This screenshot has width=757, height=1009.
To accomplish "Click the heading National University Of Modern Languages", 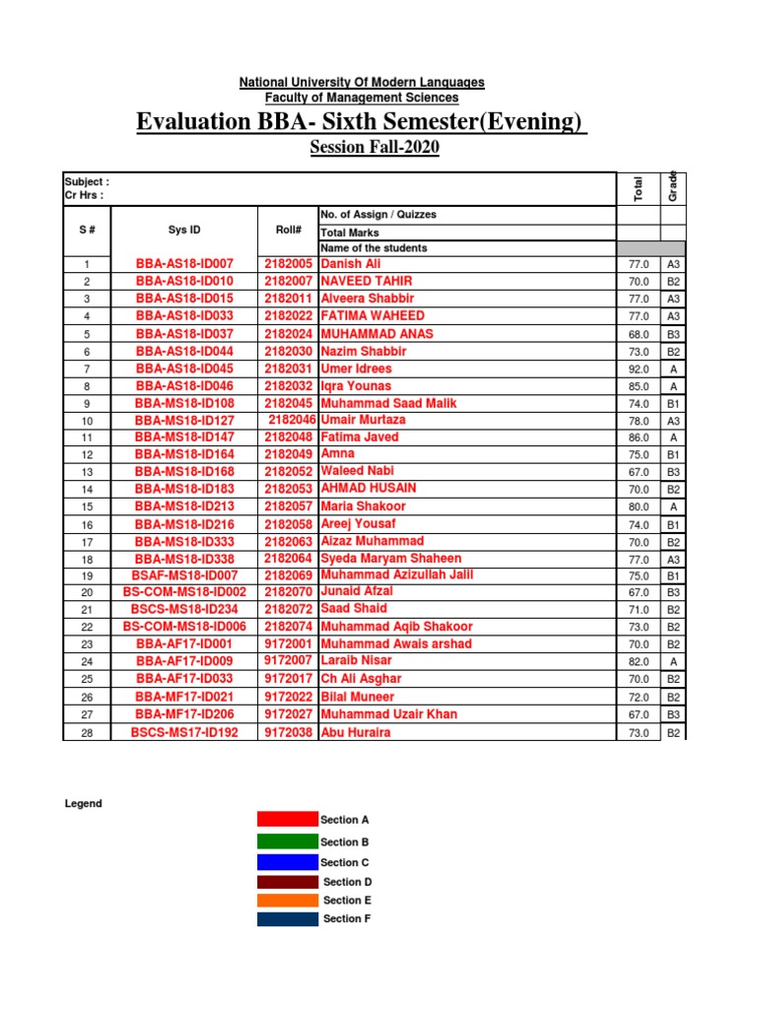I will coord(362,83).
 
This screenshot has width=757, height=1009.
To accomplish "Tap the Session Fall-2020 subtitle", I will coord(375,148).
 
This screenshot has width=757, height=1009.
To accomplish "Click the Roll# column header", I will coord(288,230).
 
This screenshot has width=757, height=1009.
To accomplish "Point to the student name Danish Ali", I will coord(350,264).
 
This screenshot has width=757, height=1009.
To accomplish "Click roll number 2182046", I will coord(292,420).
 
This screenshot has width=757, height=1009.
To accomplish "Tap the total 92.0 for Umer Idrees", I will coord(638,369).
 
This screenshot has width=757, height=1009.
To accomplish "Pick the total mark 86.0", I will coord(638,437).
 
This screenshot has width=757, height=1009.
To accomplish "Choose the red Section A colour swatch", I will coord(286,820).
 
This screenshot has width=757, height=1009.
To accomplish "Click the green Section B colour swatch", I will coord(286,841).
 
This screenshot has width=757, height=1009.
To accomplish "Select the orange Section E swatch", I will coord(286,900).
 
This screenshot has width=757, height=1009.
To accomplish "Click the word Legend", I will coord(84,804).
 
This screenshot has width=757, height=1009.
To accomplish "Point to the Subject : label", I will coord(87,181).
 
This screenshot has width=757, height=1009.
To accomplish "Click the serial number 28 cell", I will coord(87,732).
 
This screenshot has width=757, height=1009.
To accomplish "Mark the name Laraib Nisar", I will coord(356,661).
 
